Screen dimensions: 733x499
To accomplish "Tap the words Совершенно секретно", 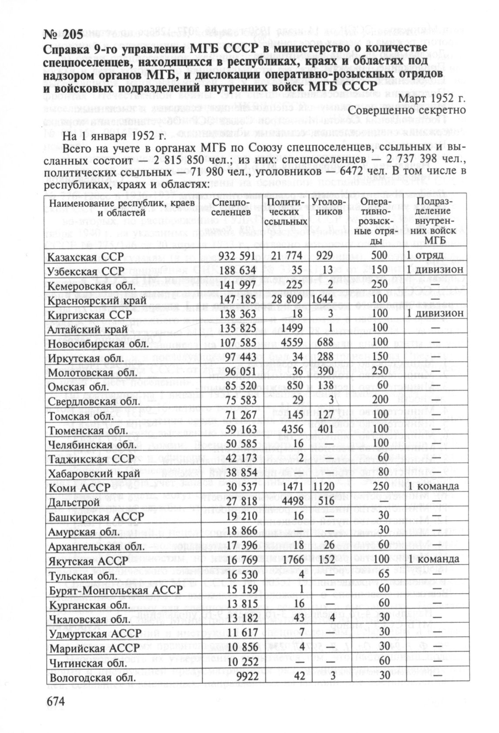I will [418, 111].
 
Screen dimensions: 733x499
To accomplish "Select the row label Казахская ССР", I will [86, 256].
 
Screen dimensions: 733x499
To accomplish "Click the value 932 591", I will [238, 256].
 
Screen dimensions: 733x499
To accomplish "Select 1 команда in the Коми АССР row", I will [433, 486].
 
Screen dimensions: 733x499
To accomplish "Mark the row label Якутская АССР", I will [88, 561].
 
